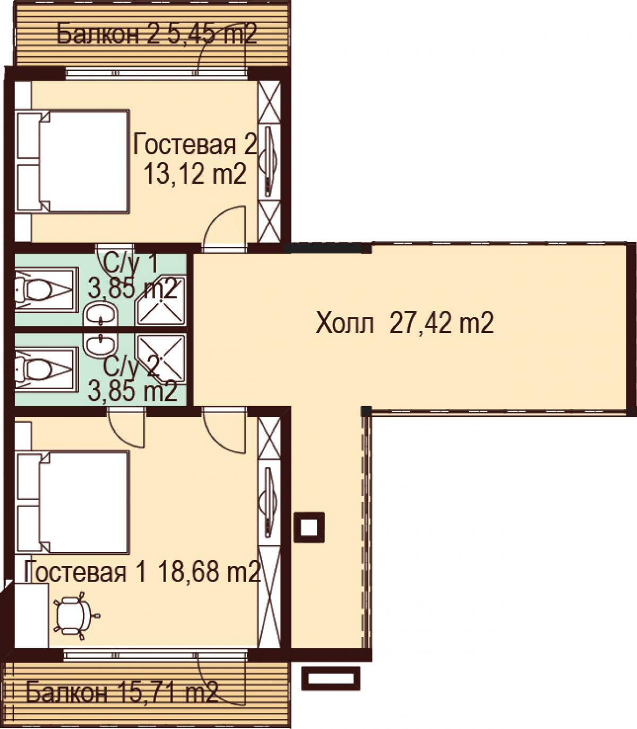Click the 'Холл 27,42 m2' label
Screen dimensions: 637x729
404,323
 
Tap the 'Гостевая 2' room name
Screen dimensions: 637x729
195,144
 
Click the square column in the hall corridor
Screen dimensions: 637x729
309,527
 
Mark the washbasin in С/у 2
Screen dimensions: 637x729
101,345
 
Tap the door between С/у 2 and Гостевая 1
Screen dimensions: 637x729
127,427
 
